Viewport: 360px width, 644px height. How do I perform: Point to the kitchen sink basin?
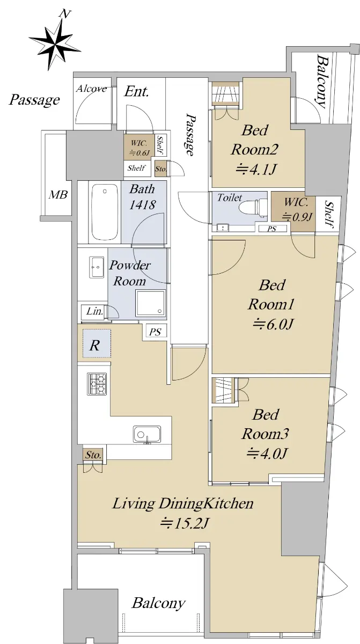point(147,434)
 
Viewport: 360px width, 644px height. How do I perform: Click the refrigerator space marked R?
point(97,343)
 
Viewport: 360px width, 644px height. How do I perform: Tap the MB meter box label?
point(58,195)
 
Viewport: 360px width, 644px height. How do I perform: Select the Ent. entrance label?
point(136,92)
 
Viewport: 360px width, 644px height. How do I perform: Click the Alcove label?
point(92,88)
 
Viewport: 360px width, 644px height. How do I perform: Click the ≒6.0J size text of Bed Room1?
point(273,324)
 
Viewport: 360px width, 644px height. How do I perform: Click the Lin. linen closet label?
point(95,311)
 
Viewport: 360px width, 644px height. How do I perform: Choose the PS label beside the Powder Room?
point(155,332)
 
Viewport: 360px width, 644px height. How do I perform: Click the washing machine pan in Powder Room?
point(151,303)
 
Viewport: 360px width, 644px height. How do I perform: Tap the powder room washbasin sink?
point(97,267)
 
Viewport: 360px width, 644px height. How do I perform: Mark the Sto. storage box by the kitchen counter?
point(94,455)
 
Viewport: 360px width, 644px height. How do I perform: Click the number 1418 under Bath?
point(143,204)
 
